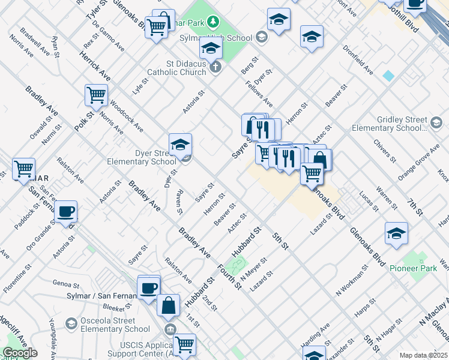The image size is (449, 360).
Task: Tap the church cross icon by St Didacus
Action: click(x=216, y=67)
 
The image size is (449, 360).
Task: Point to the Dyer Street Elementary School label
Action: click(x=141, y=157)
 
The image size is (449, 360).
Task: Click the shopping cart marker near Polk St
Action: click(x=96, y=95)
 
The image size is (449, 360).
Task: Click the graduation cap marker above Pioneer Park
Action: click(x=396, y=233)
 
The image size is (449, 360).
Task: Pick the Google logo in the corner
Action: click(x=20, y=353)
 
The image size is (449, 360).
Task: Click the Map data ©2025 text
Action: click(x=423, y=355)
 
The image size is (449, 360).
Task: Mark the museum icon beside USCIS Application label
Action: click(x=170, y=329)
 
